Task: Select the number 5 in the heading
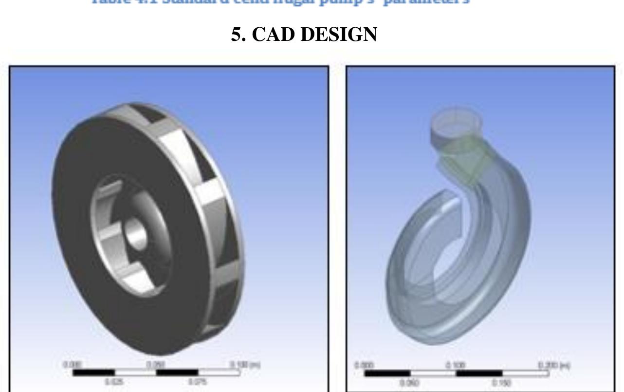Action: pos(237,35)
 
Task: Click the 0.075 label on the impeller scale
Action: pos(198,382)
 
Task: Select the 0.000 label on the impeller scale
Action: pos(73,365)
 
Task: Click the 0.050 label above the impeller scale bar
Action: pos(156,365)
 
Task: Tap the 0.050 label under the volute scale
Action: pos(409,383)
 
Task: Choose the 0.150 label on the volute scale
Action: pos(501,383)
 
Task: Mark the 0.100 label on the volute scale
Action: pos(456,365)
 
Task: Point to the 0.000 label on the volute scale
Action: pos(364,365)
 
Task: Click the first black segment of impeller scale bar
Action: pos(93,373)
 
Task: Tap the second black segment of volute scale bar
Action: pos(478,373)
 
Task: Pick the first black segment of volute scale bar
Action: pos(387,373)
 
